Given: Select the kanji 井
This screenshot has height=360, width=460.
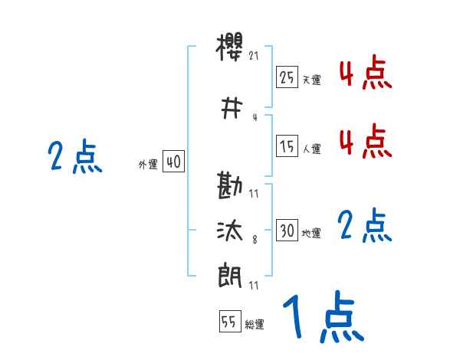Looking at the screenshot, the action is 231,110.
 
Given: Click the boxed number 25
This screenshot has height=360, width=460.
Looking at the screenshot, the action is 287,77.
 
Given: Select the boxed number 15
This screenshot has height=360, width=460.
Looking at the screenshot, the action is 287,146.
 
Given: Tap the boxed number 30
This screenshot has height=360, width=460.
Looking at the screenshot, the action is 287,231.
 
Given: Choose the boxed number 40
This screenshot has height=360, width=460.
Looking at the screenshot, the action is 173,162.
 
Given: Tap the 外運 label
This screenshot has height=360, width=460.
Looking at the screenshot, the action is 147,164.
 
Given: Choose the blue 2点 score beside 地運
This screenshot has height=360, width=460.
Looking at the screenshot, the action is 365,227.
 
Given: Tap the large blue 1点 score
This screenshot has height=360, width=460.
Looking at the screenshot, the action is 323,316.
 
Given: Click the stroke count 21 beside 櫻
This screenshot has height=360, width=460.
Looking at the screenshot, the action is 255,55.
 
